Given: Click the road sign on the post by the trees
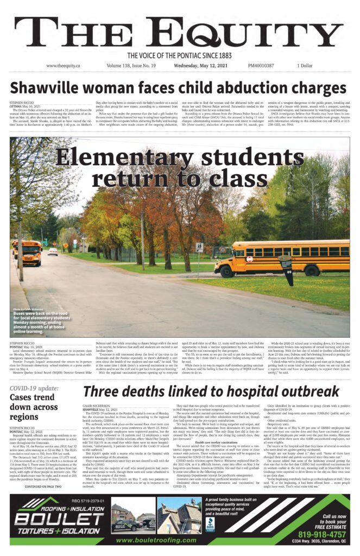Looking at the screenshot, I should click(x=199, y=247).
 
